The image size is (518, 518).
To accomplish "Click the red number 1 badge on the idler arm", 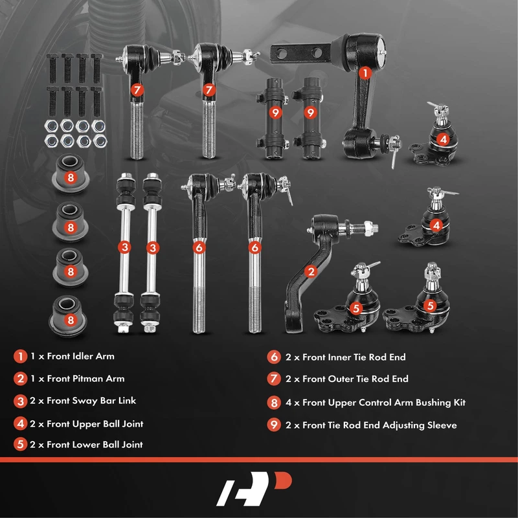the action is (x=365, y=73).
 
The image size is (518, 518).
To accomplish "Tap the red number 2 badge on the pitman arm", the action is (x=311, y=272).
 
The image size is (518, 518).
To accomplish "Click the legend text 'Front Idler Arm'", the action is (x=80, y=356).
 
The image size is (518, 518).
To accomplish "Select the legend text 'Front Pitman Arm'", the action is (x=85, y=379).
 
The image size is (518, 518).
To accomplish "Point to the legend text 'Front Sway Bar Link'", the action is (x=91, y=401).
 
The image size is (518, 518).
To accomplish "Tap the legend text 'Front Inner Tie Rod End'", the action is (x=354, y=357).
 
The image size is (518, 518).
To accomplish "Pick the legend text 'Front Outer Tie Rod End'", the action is (x=355, y=379).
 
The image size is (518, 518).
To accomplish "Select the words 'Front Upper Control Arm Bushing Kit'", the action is (x=384, y=403).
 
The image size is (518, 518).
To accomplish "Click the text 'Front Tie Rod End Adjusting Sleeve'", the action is (x=379, y=425).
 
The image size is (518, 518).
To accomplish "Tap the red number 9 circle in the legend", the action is (x=274, y=425).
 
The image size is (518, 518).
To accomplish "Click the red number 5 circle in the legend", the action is (x=20, y=444).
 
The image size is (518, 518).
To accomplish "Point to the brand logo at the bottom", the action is (x=254, y=489).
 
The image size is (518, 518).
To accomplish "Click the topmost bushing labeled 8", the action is (x=70, y=173).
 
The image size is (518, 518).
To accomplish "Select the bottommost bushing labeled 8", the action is (x=69, y=317).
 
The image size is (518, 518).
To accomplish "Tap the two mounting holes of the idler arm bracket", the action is (x=298, y=52).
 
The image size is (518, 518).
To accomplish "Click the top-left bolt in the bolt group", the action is (x=52, y=69).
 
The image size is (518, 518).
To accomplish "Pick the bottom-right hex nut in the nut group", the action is (x=100, y=141).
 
